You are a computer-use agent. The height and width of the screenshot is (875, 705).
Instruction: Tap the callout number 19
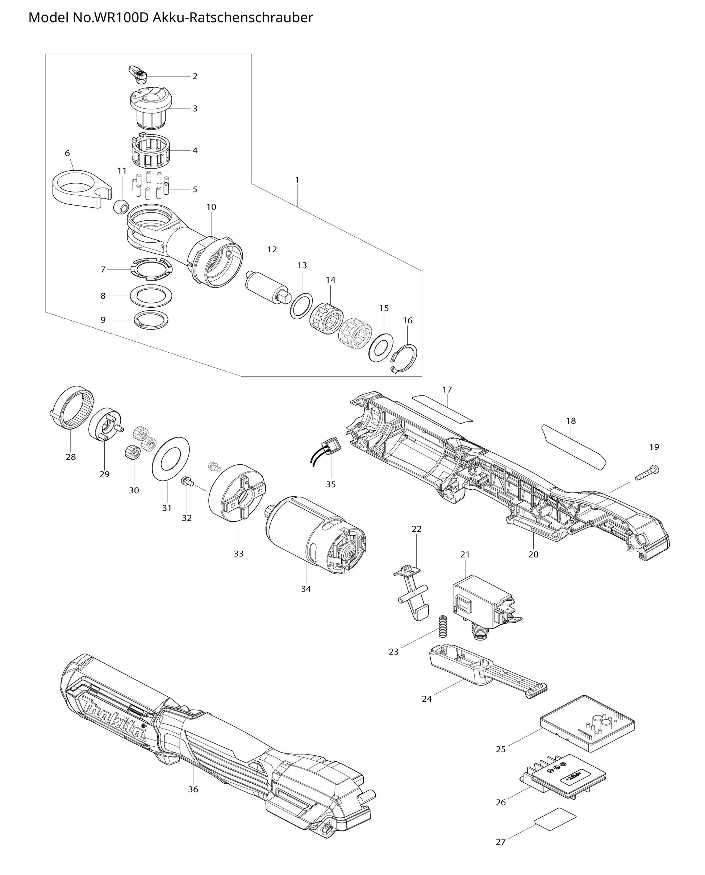point(654,447)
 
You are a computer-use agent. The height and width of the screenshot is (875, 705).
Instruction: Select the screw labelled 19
point(648,473)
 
